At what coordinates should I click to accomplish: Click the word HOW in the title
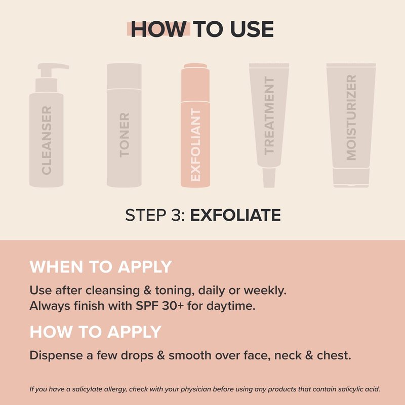[158, 29]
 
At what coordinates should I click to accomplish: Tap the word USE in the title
[252, 29]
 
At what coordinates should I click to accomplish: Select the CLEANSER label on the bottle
[47, 140]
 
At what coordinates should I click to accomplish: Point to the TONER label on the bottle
[124, 135]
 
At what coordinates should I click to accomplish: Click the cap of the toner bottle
[124, 76]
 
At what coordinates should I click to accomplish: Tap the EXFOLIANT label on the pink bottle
[195, 145]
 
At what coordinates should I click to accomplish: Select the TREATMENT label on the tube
[269, 115]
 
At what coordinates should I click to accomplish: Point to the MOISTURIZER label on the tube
[351, 117]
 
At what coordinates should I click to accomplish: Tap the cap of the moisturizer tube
[351, 178]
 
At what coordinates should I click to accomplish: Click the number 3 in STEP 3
[176, 215]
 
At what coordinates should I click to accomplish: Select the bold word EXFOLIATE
[235, 215]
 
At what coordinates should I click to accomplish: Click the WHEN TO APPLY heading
[101, 267]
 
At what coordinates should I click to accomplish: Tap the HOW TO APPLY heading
[96, 332]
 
